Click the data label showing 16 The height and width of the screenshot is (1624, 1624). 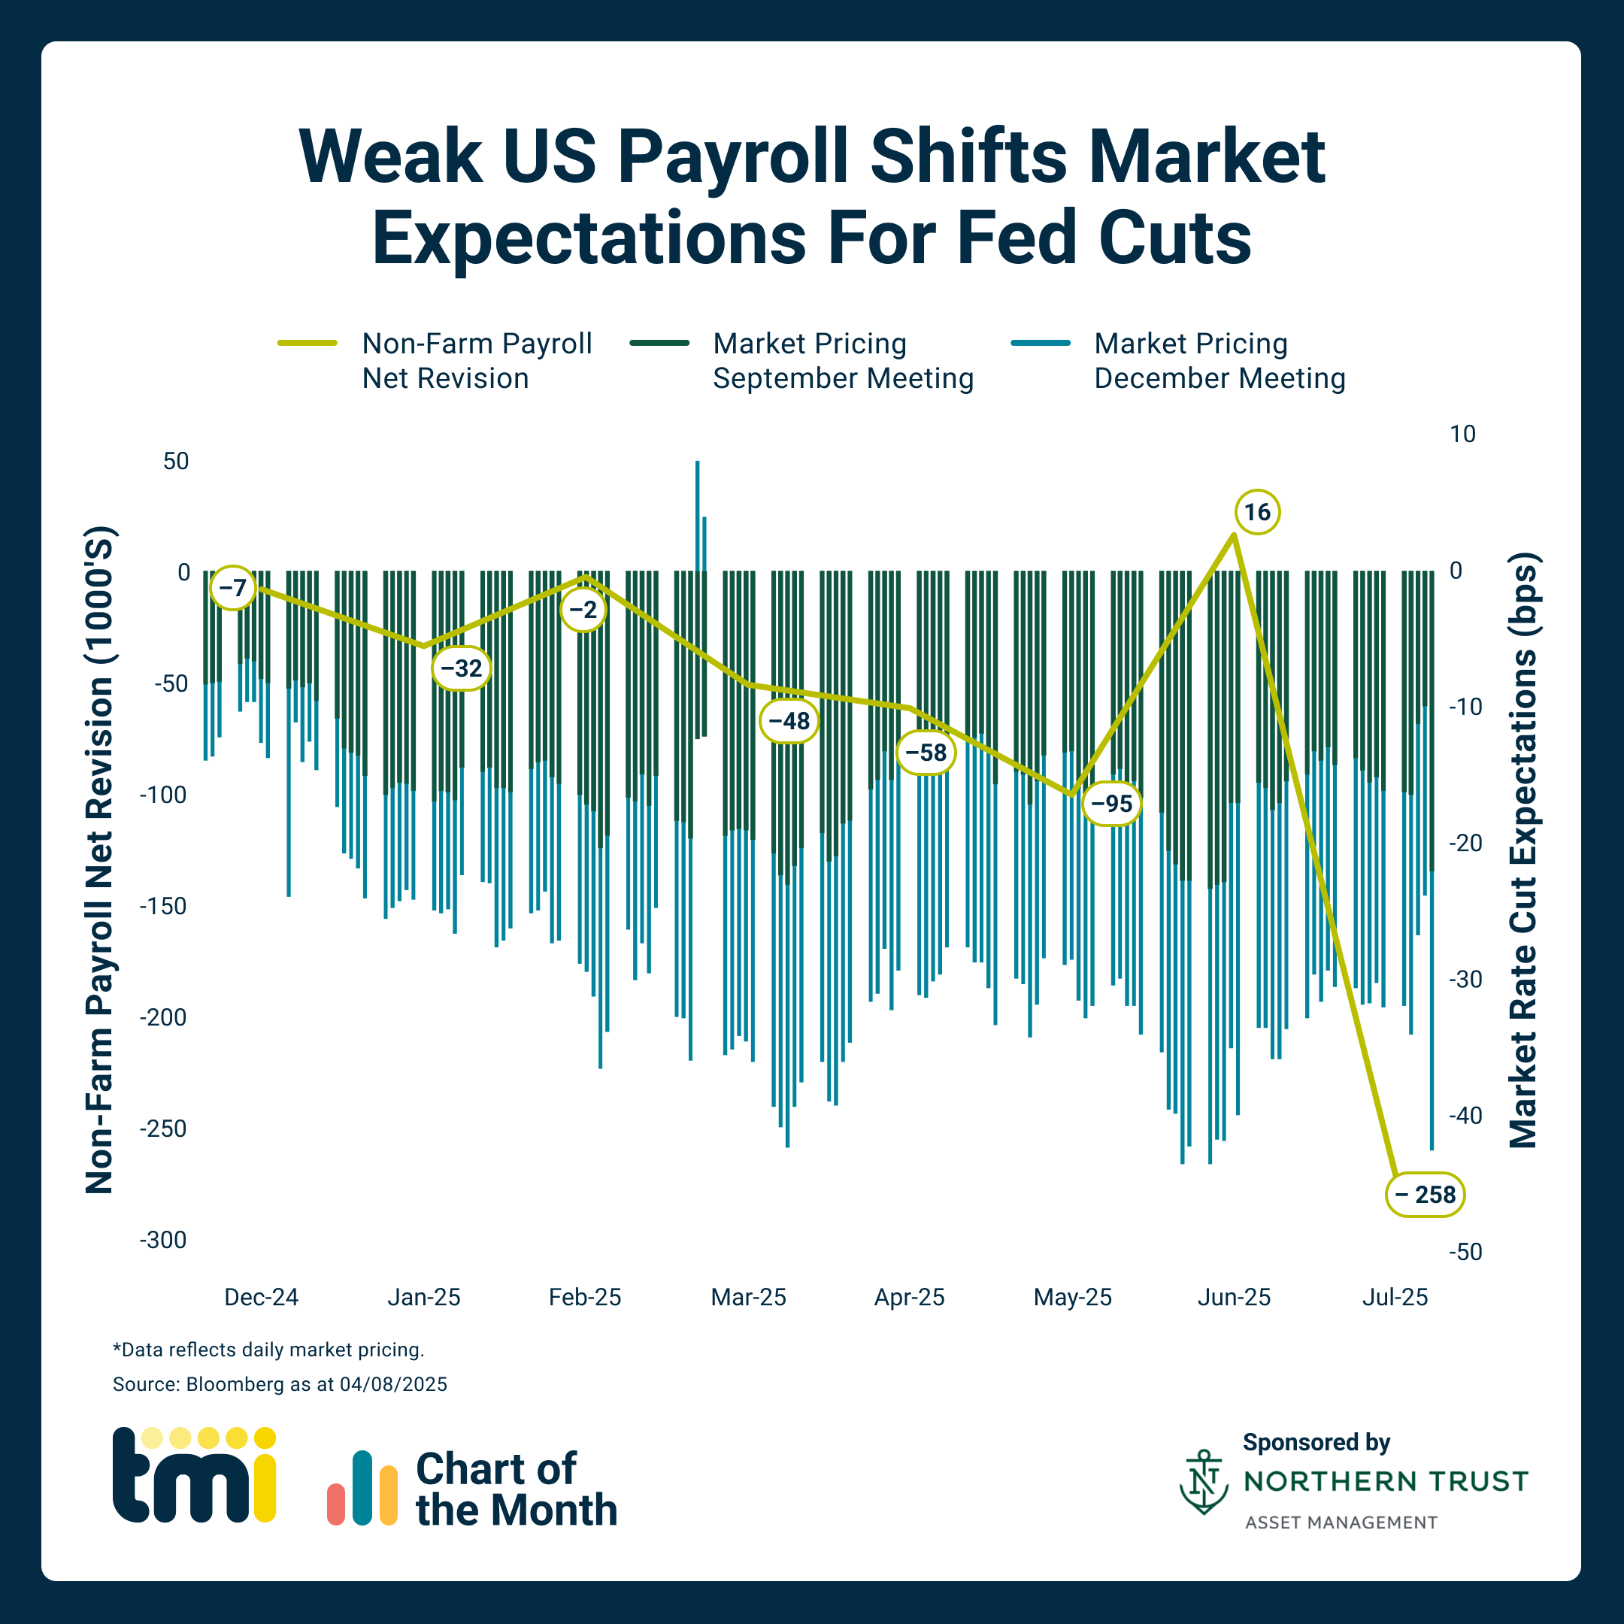1256,512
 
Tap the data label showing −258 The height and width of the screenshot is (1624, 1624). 1425,1194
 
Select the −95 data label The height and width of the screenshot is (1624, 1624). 1111,804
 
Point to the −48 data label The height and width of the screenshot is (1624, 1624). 789,720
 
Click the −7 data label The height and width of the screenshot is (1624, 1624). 232,587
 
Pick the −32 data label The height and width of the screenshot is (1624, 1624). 462,668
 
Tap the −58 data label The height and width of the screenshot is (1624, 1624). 926,753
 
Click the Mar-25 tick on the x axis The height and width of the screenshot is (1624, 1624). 748,1297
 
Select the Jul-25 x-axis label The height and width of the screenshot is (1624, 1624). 1395,1297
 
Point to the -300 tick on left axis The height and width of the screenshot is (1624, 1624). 163,1240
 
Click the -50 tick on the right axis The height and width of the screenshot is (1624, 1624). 1465,1252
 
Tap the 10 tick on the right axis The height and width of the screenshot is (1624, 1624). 1462,434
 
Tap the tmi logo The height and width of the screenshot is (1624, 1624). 194,1475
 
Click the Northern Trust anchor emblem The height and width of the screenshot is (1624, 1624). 1204,1481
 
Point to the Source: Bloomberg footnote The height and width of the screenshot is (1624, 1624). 280,1383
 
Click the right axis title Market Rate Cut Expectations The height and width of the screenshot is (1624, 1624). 1523,849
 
